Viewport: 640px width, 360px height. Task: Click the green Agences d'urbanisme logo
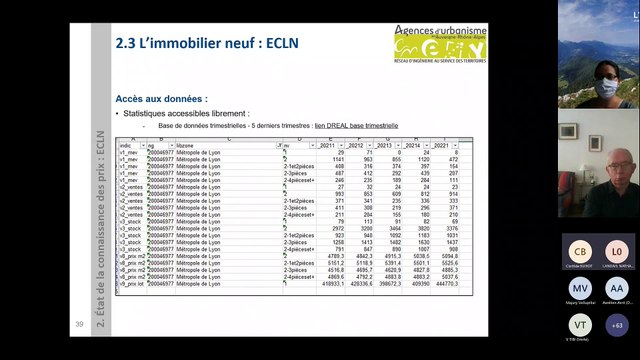pos(440,47)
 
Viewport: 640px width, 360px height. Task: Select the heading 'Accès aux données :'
pos(162,99)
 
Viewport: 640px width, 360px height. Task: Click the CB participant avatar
pos(578,251)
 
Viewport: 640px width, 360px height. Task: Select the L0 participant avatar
pos(617,251)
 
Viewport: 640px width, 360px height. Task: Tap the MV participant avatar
pos(578,288)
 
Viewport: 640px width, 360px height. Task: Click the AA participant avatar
pos(617,288)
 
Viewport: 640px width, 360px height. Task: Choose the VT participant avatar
pos(578,325)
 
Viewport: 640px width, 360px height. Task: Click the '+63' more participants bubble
pos(617,325)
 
